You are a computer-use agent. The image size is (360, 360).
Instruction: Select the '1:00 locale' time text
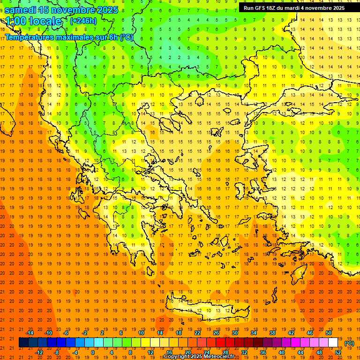pos(33,21)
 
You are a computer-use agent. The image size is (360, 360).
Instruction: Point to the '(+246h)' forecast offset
pos(83,21)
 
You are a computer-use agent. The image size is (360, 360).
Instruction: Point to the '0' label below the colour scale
pos(92,352)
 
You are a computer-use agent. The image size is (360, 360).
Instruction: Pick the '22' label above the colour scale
pos(197,333)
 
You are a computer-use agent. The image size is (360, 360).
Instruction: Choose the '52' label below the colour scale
pos(338,352)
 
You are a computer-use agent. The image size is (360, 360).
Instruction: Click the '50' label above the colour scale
pos(329,333)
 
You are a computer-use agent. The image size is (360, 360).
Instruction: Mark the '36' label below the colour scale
pos(263,352)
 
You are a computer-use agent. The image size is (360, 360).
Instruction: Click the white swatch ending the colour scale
pos(333,343)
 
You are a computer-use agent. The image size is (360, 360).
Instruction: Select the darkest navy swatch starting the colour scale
pos(23,343)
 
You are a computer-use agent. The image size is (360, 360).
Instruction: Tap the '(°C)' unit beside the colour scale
pos(349,343)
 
